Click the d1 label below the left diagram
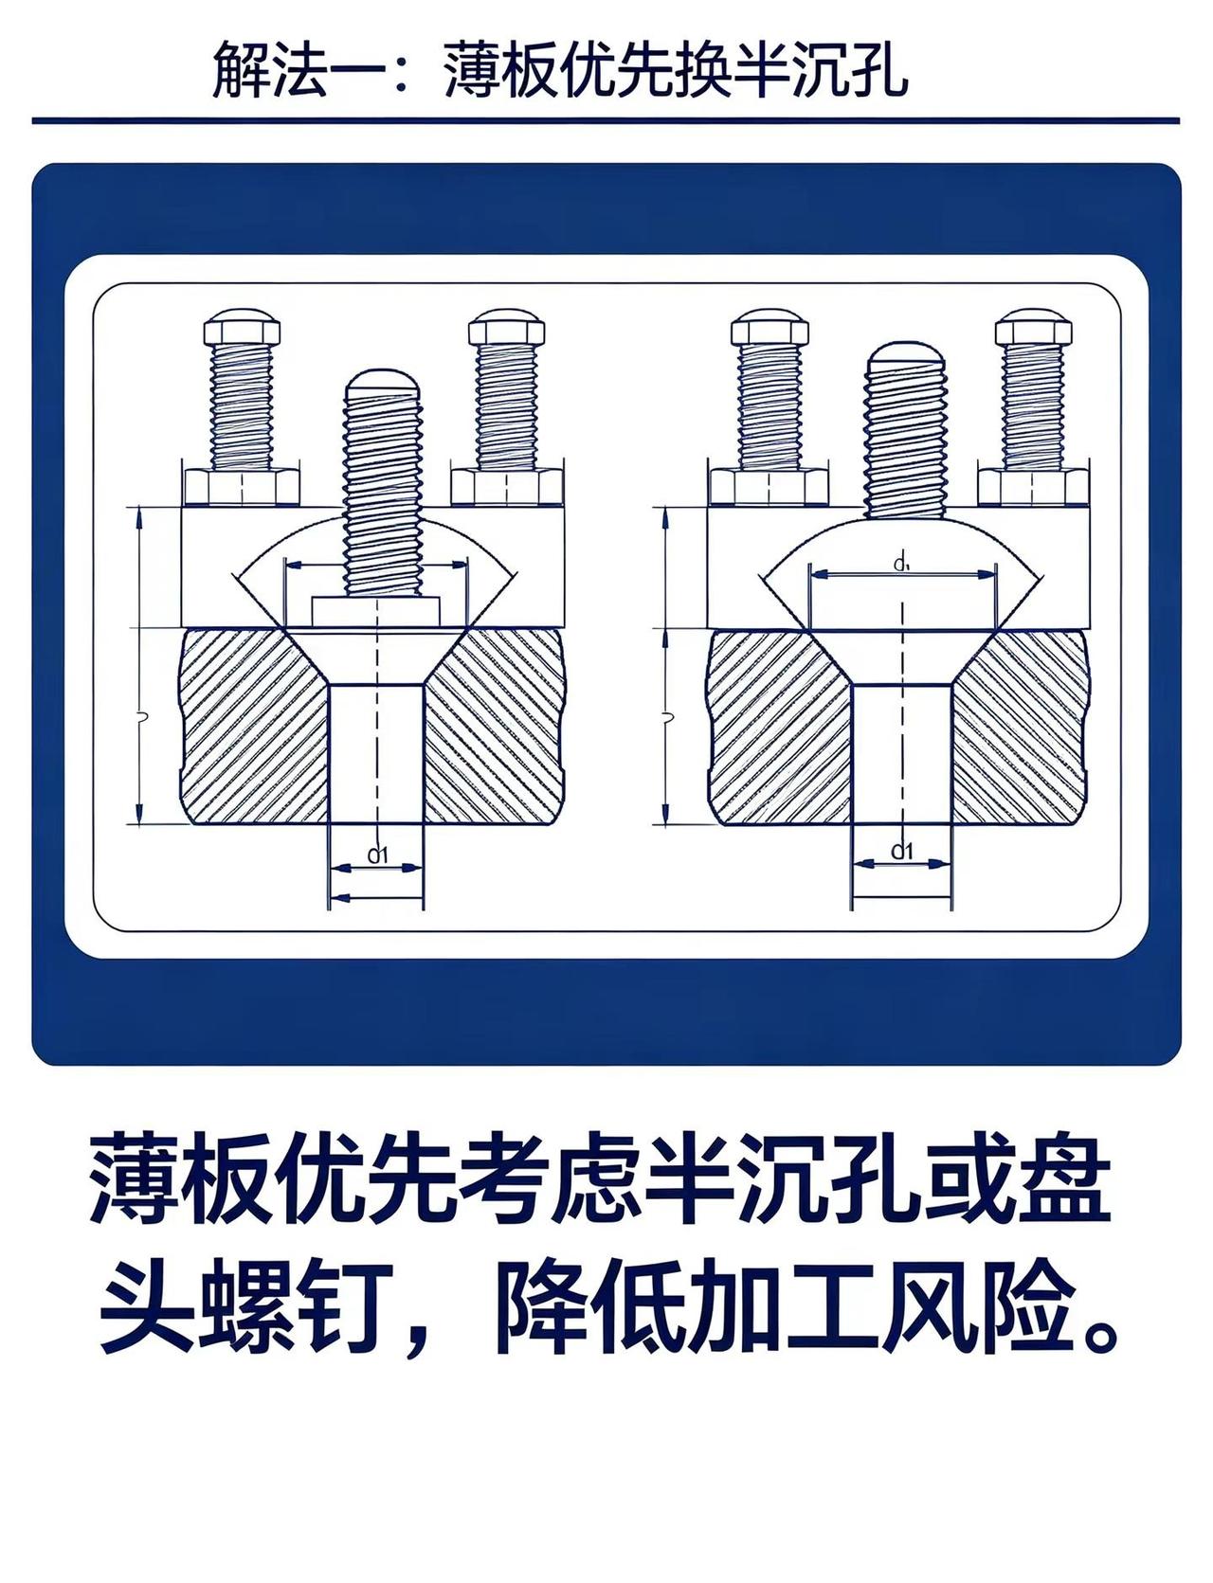pos(378,855)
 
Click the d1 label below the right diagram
pos(902,851)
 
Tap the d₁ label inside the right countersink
pos(901,566)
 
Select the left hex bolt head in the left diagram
pos(243,329)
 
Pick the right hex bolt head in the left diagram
pos(507,329)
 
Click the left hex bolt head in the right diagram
pos(769,326)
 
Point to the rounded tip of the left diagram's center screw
pos(382,380)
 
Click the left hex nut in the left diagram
pos(243,487)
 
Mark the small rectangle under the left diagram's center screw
pos(376,612)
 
